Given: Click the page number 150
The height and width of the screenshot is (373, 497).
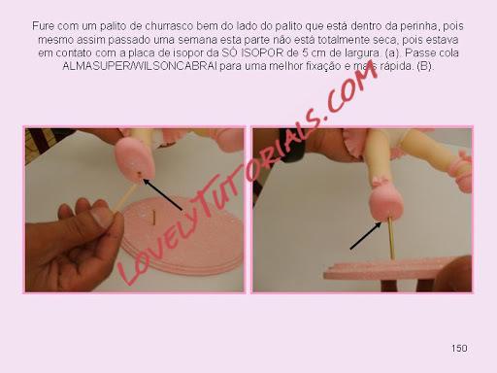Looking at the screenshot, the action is (459, 349).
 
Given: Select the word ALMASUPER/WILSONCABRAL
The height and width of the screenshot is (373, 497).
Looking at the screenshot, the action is (140, 66).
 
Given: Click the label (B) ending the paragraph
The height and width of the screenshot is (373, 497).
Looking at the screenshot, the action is (425, 66).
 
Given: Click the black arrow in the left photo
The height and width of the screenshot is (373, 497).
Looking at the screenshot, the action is (163, 195).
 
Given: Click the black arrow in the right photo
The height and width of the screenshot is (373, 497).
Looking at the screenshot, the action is (366, 235).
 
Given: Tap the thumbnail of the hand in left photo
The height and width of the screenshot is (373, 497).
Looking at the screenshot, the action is (101, 217).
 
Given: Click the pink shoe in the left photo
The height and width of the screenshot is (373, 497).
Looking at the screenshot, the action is (135, 157).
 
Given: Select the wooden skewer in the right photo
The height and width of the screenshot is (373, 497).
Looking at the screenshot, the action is (391, 238).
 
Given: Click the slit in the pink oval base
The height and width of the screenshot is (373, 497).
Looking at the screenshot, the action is (154, 217).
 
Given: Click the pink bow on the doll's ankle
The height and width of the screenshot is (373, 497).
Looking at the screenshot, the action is (380, 182).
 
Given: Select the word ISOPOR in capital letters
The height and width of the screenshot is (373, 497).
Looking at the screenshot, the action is (262, 52).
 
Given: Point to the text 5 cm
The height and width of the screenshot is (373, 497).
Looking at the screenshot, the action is (315, 52).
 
